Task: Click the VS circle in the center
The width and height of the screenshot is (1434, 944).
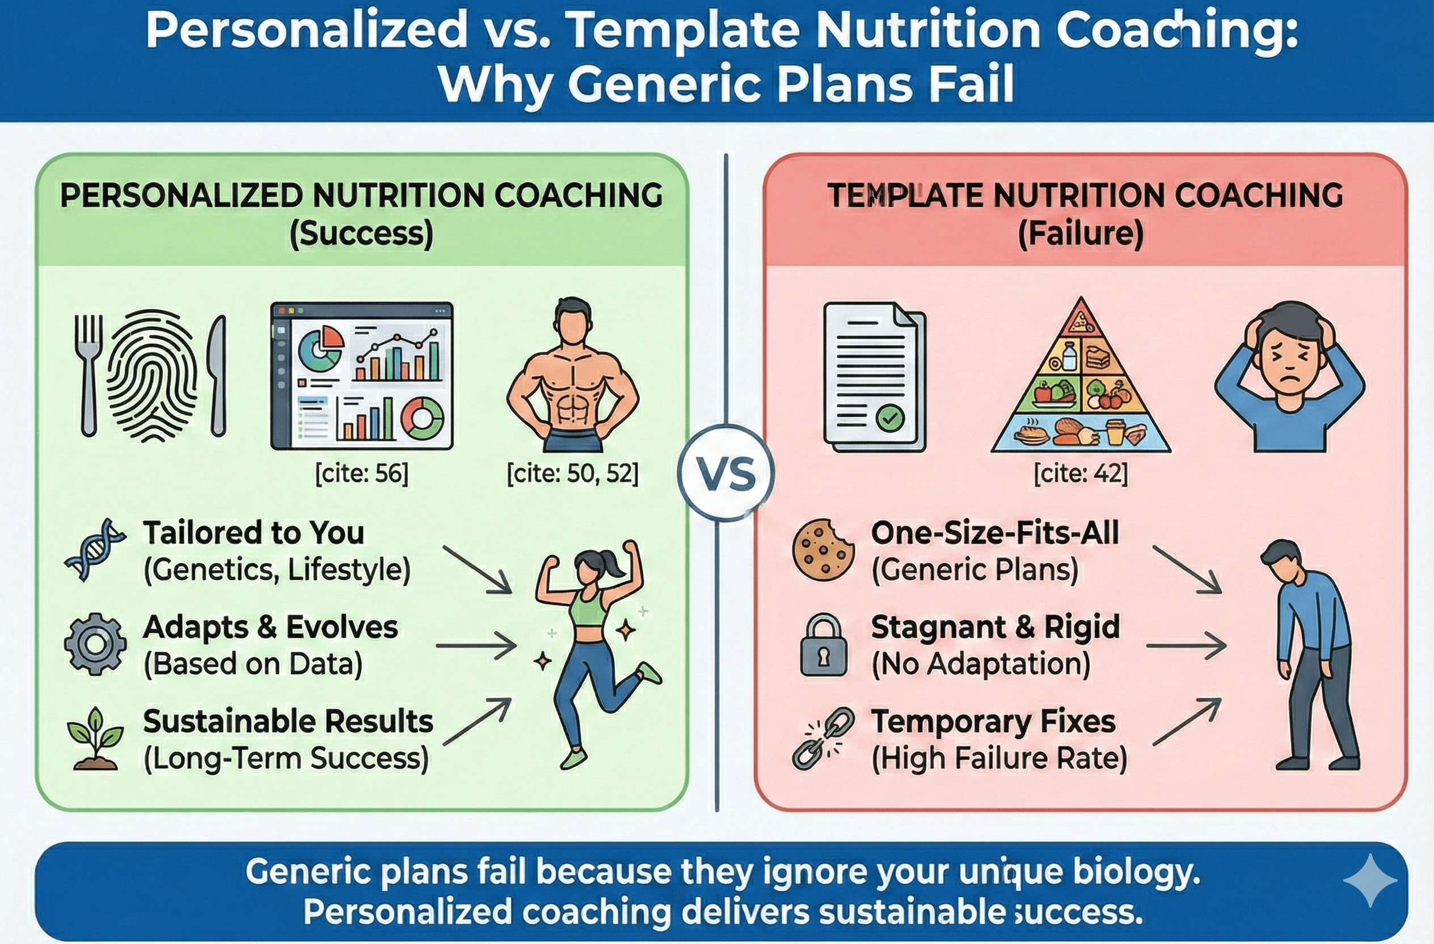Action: [726, 473]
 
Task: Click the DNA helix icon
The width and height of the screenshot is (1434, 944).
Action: [95, 549]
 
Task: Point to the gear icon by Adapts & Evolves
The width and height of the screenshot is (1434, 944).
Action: [95, 644]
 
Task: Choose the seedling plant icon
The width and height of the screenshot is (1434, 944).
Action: [95, 739]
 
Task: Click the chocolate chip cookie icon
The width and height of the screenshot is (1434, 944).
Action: [823, 549]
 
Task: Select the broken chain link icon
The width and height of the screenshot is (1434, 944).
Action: [823, 739]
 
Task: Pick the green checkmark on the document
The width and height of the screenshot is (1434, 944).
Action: [889, 418]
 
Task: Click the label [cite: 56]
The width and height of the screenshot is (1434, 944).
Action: [361, 474]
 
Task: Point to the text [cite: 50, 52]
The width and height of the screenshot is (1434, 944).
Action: [572, 474]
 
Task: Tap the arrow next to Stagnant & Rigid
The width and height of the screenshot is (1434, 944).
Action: [1186, 645]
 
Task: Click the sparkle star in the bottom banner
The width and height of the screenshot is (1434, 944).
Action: [1369, 880]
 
